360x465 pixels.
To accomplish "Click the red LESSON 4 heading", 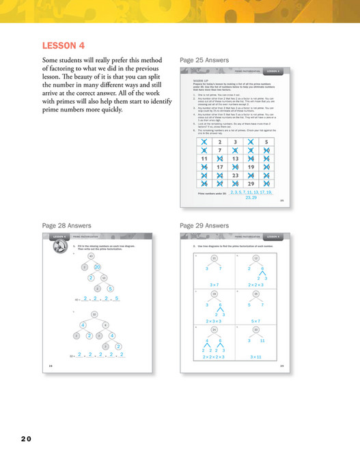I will click(63, 46).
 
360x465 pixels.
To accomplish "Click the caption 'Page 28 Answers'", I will click(66, 225).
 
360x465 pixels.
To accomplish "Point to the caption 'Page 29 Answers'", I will click(202, 225).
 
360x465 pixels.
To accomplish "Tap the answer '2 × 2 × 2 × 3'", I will click(213, 356).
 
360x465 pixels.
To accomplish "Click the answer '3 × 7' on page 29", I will click(213, 283).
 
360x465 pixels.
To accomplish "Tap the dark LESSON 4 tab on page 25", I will click(272, 71).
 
